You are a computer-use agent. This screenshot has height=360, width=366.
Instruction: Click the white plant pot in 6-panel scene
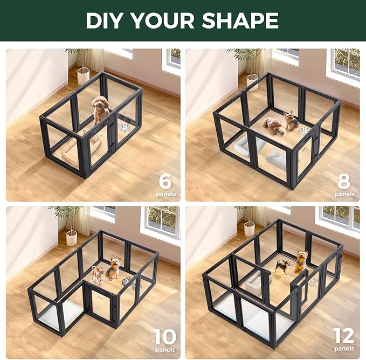click(83, 75)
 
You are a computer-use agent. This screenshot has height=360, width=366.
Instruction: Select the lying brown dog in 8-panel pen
click(273, 126)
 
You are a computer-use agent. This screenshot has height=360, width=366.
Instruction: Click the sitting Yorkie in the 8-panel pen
click(291, 121)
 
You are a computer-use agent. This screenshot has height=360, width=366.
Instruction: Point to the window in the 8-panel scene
click(347, 65)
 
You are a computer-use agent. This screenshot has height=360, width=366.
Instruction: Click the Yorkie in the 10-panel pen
click(114, 268)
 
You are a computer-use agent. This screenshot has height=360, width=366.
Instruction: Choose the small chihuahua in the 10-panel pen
click(97, 273)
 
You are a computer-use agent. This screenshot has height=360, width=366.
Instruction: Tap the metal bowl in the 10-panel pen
click(127, 281)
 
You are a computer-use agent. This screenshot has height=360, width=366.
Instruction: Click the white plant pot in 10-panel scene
click(72, 238)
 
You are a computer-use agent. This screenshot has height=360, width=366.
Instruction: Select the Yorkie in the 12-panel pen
click(300, 261)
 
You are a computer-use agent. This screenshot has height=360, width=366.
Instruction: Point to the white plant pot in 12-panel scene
click(249, 229)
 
